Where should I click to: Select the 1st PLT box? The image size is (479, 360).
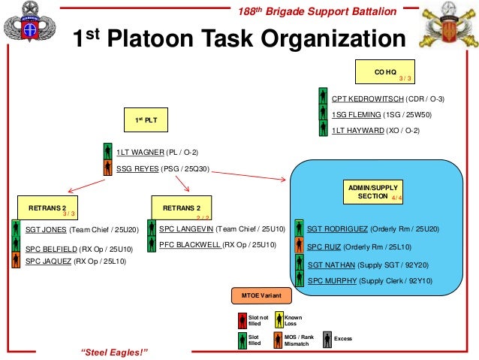point(146,119)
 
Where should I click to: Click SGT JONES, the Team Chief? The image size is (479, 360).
point(42,228)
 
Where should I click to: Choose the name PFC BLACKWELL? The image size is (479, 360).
point(190,245)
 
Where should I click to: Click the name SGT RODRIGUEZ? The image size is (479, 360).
point(335,228)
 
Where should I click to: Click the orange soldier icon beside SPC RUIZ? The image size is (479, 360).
point(300,246)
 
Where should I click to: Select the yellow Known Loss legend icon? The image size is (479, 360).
point(279,320)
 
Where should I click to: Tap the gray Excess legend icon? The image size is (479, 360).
point(327,338)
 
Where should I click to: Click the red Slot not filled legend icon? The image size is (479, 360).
point(242,320)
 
